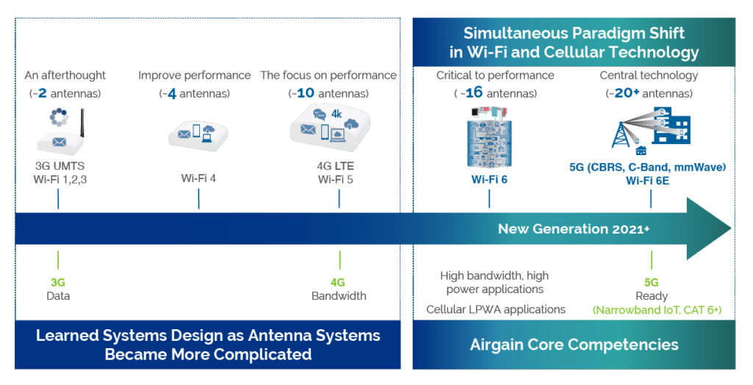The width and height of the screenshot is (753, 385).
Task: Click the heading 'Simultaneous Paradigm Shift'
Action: click(x=574, y=33)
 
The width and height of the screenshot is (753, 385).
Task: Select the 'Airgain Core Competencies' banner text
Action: click(x=574, y=345)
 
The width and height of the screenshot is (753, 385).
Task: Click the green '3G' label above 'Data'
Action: click(x=58, y=282)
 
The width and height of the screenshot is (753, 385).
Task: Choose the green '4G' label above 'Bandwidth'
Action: click(x=338, y=282)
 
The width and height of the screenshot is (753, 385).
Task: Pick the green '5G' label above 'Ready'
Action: click(x=651, y=282)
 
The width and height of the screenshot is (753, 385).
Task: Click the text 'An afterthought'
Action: click(x=65, y=75)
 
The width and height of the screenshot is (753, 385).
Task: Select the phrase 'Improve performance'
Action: click(x=195, y=75)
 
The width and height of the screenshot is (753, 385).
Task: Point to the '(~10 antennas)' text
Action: click(x=328, y=93)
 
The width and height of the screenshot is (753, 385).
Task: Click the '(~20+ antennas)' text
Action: click(x=649, y=93)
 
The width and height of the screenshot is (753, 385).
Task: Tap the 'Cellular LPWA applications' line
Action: click(x=496, y=309)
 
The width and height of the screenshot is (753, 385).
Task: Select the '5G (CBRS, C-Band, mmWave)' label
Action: click(x=648, y=168)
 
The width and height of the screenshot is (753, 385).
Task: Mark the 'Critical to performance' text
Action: click(x=494, y=75)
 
